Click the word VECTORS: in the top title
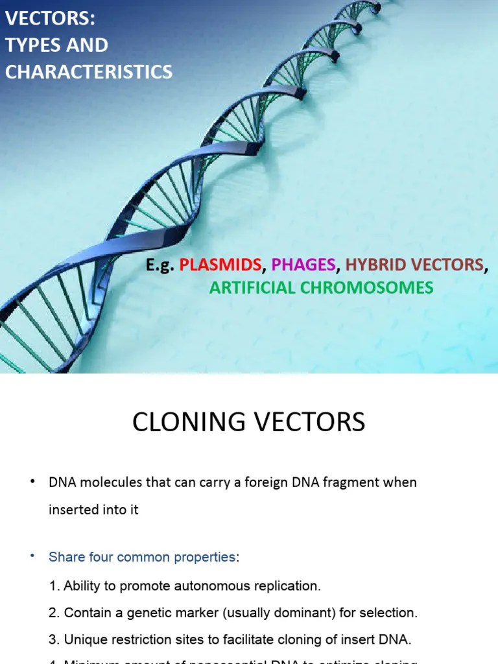tap(51, 19)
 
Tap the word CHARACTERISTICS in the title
tap(89, 71)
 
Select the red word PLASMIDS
tap(220, 265)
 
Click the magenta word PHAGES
tap(303, 265)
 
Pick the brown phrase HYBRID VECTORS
tap(415, 265)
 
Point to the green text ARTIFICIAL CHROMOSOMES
tap(321, 287)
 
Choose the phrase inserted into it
tap(93, 510)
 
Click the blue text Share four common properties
tap(142, 557)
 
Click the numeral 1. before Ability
tap(54, 586)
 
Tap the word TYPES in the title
tap(31, 45)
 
